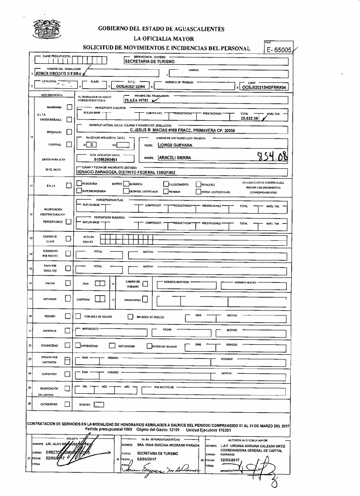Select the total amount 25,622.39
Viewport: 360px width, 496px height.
coord(250,118)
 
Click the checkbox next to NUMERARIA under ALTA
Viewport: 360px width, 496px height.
coord(69,107)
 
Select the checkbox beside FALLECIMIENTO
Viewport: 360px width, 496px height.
coord(166,184)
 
